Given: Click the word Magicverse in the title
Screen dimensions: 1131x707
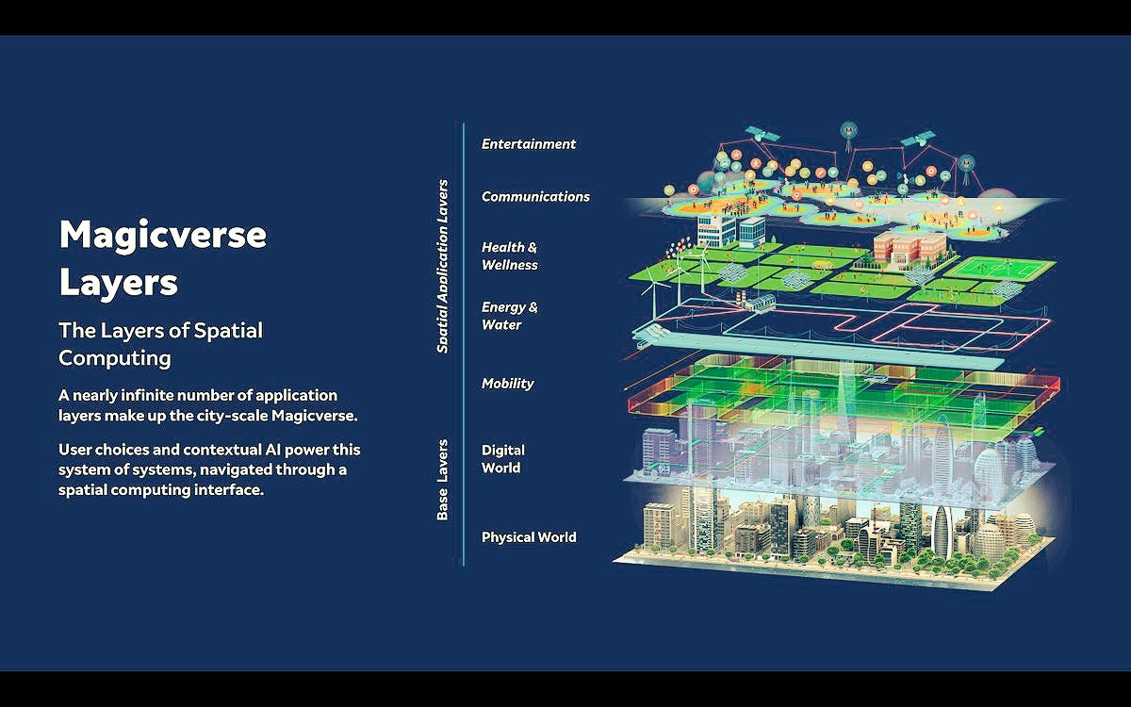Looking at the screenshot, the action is point(162,235).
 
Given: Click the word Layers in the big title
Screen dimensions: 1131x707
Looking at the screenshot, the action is point(118,281).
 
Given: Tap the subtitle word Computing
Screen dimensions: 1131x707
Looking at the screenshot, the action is point(114,358).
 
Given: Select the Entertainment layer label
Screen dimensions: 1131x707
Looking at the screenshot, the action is point(528,144).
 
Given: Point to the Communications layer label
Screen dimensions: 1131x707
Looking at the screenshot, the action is point(535,197).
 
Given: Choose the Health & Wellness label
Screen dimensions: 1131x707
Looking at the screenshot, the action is point(510,256).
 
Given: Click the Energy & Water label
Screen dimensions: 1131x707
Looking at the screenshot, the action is point(510,316).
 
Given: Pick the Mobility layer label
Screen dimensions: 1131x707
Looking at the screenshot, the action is point(507,384).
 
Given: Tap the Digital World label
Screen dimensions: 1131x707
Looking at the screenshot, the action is point(503,459).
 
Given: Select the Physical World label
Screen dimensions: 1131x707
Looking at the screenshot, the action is point(529,537).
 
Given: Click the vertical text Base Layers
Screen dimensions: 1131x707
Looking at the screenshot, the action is point(443,480).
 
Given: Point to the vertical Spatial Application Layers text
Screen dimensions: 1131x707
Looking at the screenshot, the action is point(443,267).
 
